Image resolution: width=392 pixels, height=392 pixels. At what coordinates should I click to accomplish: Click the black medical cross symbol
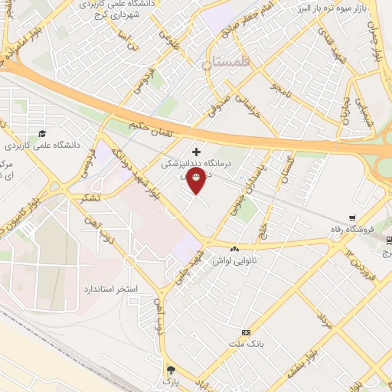[x=197, y=152]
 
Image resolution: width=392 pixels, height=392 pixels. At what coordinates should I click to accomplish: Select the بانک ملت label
[x=245, y=344]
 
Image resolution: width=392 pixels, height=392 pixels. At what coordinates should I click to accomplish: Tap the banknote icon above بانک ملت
[x=246, y=332]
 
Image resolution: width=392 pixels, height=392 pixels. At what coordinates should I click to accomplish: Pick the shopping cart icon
[x=352, y=217]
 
